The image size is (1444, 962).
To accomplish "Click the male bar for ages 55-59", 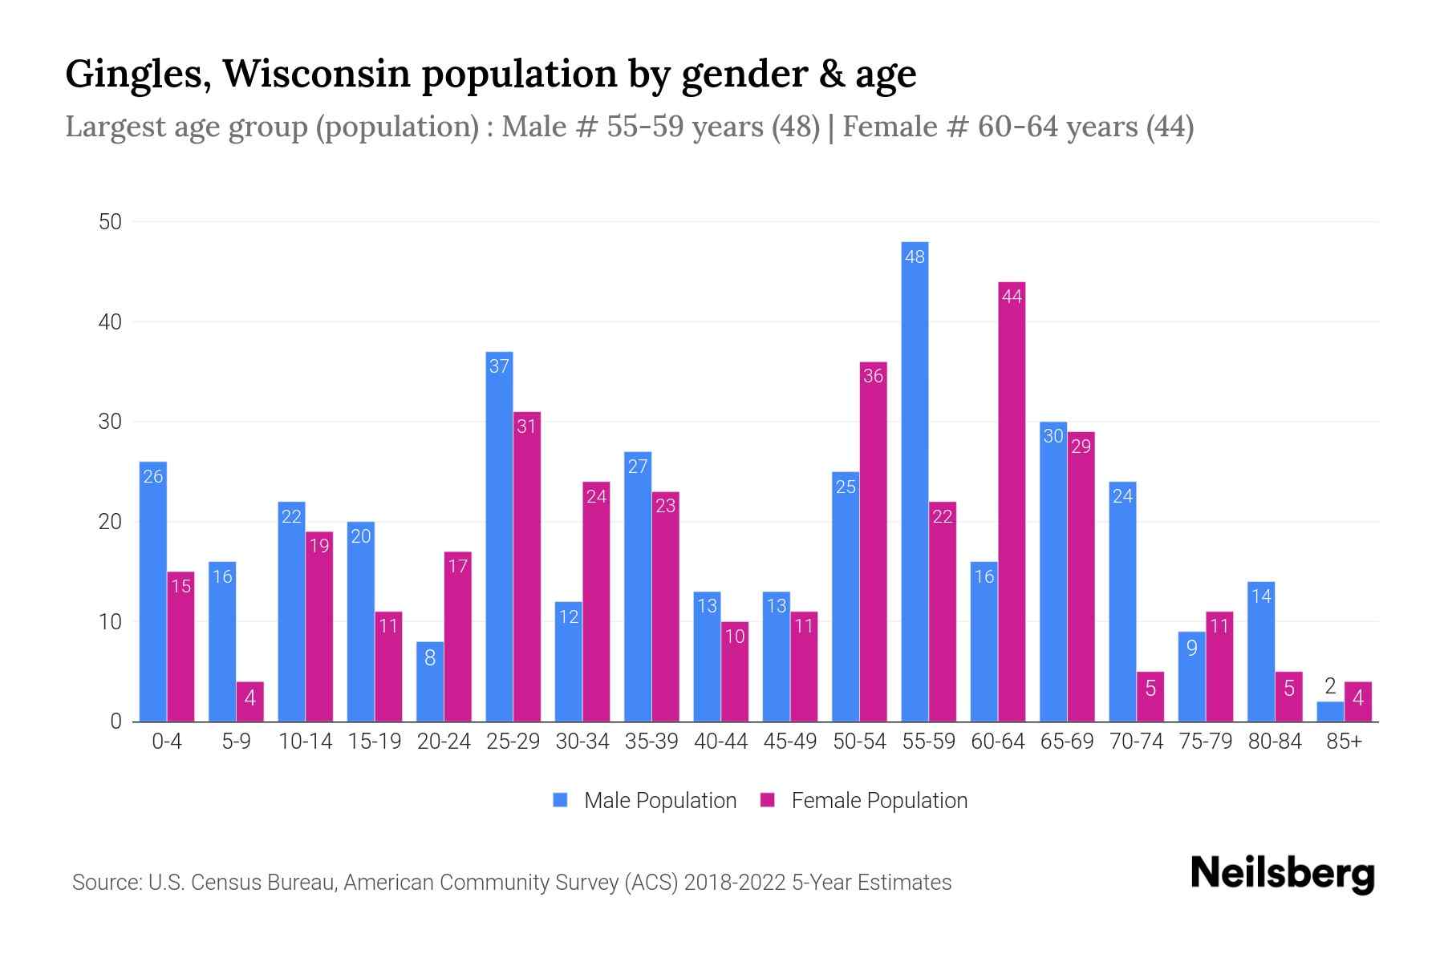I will pyautogui.click(x=915, y=481).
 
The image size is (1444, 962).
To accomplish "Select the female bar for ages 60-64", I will pyautogui.click(x=1012, y=502).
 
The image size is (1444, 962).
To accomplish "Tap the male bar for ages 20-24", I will pyautogui.click(x=430, y=681).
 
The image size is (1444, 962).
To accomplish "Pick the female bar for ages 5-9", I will pyautogui.click(x=250, y=701).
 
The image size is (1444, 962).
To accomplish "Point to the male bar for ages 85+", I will pyautogui.click(x=1330, y=712).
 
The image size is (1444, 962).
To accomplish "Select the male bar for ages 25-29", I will pyautogui.click(x=499, y=536).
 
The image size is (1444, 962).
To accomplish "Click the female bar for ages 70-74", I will pyautogui.click(x=1150, y=697).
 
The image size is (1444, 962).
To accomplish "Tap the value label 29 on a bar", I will pyautogui.click(x=1081, y=447).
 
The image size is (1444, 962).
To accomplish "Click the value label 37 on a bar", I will pyautogui.click(x=499, y=366).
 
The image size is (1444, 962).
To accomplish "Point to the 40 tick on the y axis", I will pyautogui.click(x=110, y=322).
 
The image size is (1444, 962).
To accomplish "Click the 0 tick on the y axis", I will pyautogui.click(x=116, y=721).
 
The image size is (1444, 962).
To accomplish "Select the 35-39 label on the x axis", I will pyautogui.click(x=651, y=742).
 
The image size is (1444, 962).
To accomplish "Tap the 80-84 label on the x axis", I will pyautogui.click(x=1275, y=742).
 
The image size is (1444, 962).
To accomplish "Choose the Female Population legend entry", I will pyautogui.click(x=864, y=800).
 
